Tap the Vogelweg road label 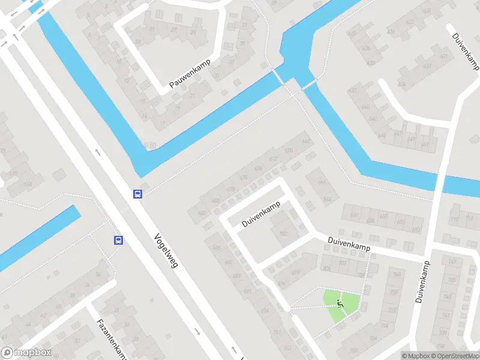(166, 250)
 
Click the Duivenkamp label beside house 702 (262, 214)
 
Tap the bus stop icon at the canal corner (137, 194)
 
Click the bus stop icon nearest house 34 (118, 240)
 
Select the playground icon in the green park (340, 304)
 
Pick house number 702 (284, 234)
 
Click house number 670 (289, 151)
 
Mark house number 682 (202, 212)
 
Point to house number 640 (365, 107)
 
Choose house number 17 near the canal (162, 124)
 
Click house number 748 (395, 275)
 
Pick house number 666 (323, 182)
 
